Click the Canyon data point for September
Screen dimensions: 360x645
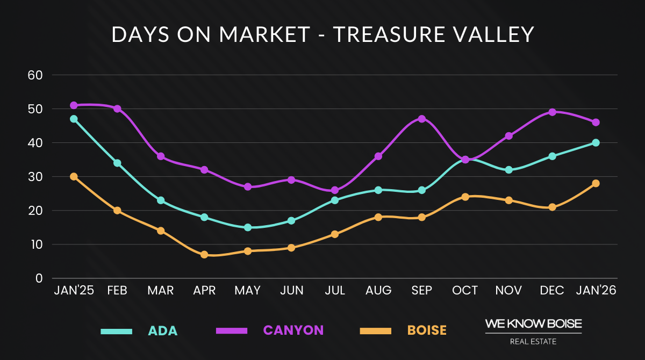pyautogui.click(x=422, y=119)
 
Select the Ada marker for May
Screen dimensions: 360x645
pyautogui.click(x=248, y=227)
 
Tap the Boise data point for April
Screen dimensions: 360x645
pyautogui.click(x=204, y=255)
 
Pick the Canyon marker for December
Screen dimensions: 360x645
pyautogui.click(x=552, y=112)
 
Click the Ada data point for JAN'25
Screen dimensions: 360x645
pyautogui.click(x=74, y=119)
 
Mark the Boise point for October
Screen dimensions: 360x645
pyautogui.click(x=465, y=197)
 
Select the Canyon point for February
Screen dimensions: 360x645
pyautogui.click(x=117, y=109)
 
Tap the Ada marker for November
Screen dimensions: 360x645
pyautogui.click(x=508, y=170)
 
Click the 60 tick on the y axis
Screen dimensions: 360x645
pyautogui.click(x=35, y=75)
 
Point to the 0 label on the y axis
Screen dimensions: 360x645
pyautogui.click(x=39, y=278)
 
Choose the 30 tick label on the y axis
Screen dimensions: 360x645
pyautogui.click(x=35, y=177)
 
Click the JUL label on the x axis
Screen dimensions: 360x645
pyautogui.click(x=334, y=291)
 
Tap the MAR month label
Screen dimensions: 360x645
pyautogui.click(x=160, y=291)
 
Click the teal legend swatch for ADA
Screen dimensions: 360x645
pyautogui.click(x=117, y=331)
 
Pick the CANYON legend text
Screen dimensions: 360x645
pyautogui.click(x=293, y=330)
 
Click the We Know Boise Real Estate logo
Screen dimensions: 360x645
pyautogui.click(x=533, y=331)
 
